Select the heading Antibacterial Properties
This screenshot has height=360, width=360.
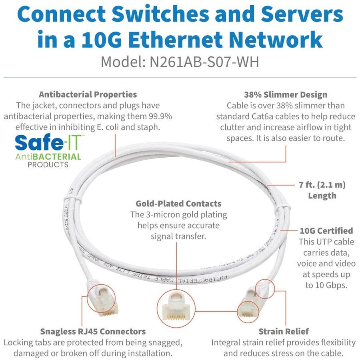pos(88,94)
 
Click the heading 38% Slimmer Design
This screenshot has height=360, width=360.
pos(286,95)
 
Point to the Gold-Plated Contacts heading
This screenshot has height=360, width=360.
pos(178,204)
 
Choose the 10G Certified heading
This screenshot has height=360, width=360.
pos(326,231)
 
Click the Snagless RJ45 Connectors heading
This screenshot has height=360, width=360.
pos(93,331)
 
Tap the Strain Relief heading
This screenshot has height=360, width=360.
pos(283,331)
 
